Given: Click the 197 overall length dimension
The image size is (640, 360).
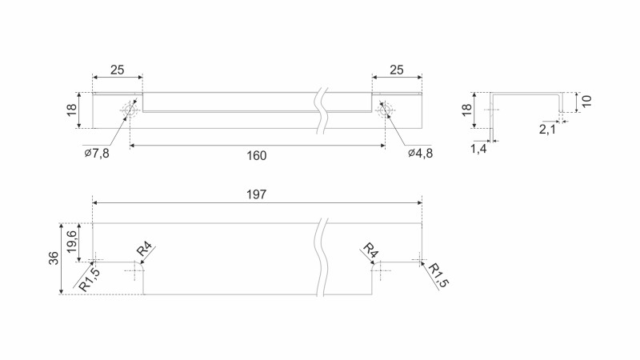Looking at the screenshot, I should click(x=256, y=194).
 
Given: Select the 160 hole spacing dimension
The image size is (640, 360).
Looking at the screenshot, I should click(x=256, y=155).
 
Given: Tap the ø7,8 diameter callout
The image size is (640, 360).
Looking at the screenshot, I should click(x=96, y=153).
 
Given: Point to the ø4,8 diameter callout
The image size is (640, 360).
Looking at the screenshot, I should click(x=420, y=153).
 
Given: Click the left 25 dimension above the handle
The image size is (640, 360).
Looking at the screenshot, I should click(x=117, y=70).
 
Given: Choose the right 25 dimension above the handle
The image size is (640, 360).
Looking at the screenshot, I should click(x=396, y=70).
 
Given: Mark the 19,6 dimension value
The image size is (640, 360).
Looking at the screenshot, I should click(x=71, y=242).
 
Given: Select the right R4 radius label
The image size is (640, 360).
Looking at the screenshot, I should click(x=370, y=250).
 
